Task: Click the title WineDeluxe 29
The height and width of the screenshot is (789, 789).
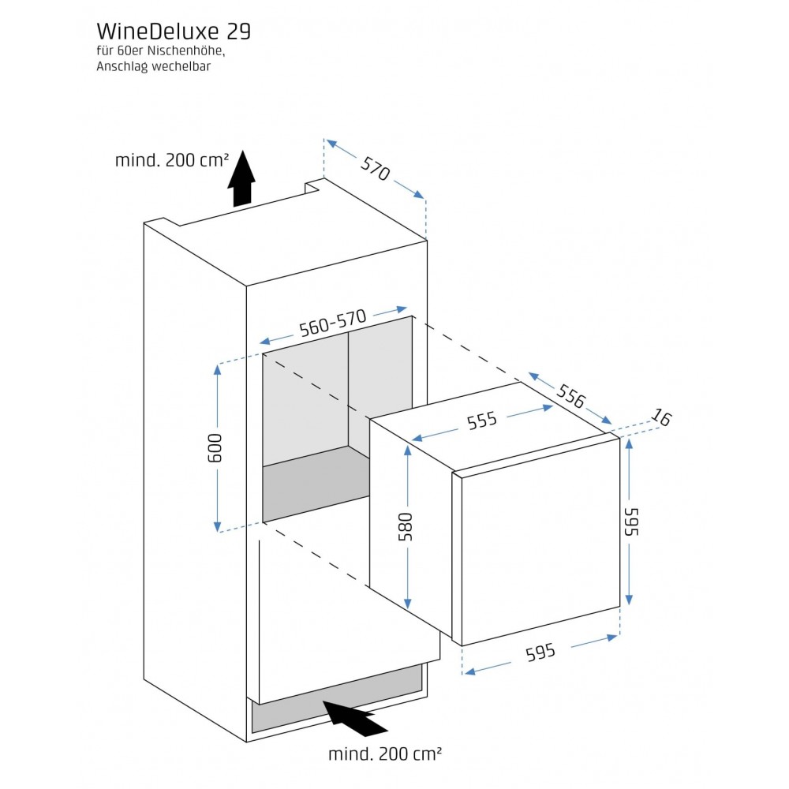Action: [174, 32]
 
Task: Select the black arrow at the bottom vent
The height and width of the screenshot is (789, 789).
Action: [355, 717]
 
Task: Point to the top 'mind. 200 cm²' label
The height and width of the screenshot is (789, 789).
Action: [172, 160]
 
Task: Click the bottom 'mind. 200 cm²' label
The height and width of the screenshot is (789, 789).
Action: [385, 753]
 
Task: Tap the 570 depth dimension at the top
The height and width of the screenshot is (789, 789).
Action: [376, 168]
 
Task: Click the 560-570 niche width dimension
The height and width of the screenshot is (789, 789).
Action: [333, 323]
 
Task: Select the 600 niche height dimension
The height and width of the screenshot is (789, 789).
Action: [218, 447]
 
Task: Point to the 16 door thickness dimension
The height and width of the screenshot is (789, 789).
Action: [661, 419]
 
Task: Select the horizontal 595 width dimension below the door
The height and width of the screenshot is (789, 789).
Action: [540, 652]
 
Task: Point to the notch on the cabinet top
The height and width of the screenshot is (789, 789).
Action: [315, 187]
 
